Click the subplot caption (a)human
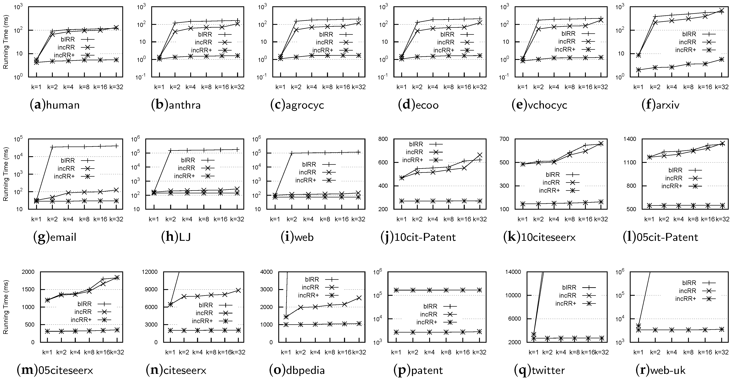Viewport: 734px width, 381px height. tap(55, 105)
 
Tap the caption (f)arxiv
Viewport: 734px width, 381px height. tap(660, 105)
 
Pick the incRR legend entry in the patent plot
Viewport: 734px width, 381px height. tap(438, 314)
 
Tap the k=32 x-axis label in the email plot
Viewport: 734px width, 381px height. tap(116, 219)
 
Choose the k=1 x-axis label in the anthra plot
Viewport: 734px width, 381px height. tap(159, 87)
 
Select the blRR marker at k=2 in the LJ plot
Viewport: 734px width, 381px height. tap(170, 150)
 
